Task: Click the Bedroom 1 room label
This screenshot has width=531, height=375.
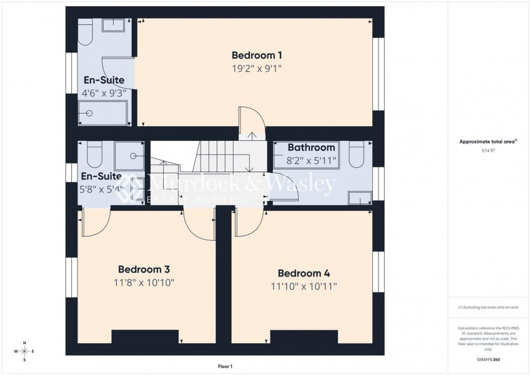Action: click(257, 54)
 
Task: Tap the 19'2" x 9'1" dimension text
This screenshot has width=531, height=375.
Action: click(257, 69)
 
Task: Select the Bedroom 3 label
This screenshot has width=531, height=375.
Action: click(144, 270)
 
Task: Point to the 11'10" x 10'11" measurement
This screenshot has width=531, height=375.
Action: click(304, 286)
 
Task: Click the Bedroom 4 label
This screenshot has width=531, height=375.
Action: click(304, 273)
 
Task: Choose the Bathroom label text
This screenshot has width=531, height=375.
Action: click(311, 148)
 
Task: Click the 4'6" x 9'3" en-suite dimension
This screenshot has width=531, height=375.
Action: click(104, 93)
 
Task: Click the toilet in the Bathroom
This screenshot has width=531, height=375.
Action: click(356, 155)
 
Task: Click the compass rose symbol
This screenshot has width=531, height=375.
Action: click(24, 351)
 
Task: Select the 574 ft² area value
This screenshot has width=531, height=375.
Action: click(487, 151)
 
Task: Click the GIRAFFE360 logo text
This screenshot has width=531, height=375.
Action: click(487, 360)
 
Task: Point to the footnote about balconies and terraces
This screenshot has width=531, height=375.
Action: click(487, 308)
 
